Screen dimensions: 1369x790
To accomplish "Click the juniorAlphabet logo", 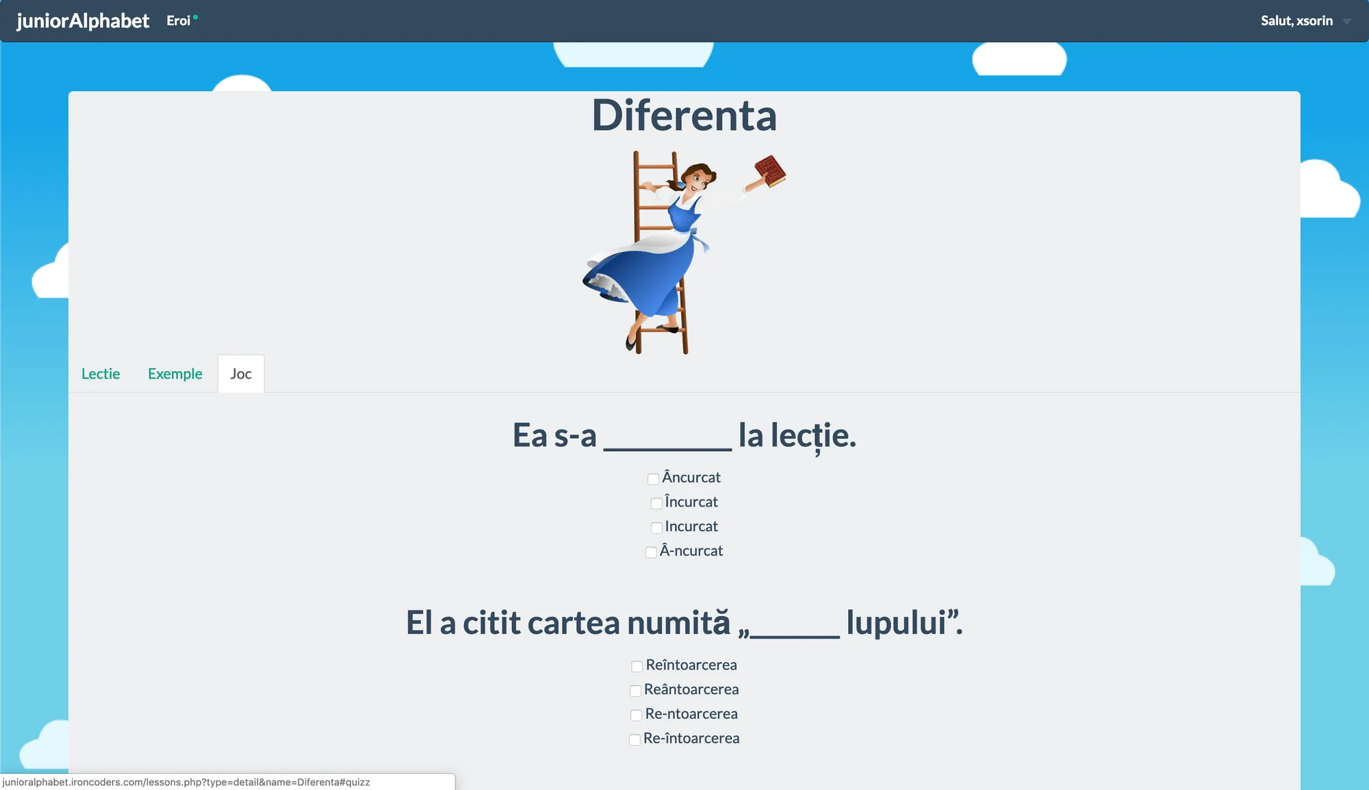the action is pos(83,21).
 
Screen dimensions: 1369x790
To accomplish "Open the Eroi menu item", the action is pos(179,21).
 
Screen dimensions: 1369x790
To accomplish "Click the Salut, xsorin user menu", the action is pos(1296,21).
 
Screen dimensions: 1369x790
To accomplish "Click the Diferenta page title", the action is pos(684,115).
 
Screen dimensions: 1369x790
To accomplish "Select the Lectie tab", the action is pos(101,374).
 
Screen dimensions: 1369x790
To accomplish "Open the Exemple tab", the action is pos(175,374).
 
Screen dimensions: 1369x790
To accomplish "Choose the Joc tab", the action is pos(241,374).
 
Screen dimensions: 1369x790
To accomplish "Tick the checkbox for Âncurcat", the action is pos(653,479).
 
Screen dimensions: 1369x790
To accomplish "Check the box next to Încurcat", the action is pos(656,503).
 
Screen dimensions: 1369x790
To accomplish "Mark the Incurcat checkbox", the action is pos(656,528).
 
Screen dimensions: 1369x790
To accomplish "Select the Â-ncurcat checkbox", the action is pos(651,552).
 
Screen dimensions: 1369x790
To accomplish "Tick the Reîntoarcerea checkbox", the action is pos(637,666).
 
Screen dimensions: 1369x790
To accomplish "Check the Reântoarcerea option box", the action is pos(635,691).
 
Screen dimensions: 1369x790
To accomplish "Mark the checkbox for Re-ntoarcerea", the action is pos(636,715).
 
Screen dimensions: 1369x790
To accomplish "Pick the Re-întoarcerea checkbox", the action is pos(635,739).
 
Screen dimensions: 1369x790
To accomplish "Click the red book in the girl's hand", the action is pos(771,170).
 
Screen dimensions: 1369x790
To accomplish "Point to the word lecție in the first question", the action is pos(813,435).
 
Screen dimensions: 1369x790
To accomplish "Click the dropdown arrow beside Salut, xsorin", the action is pos(1346,22).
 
